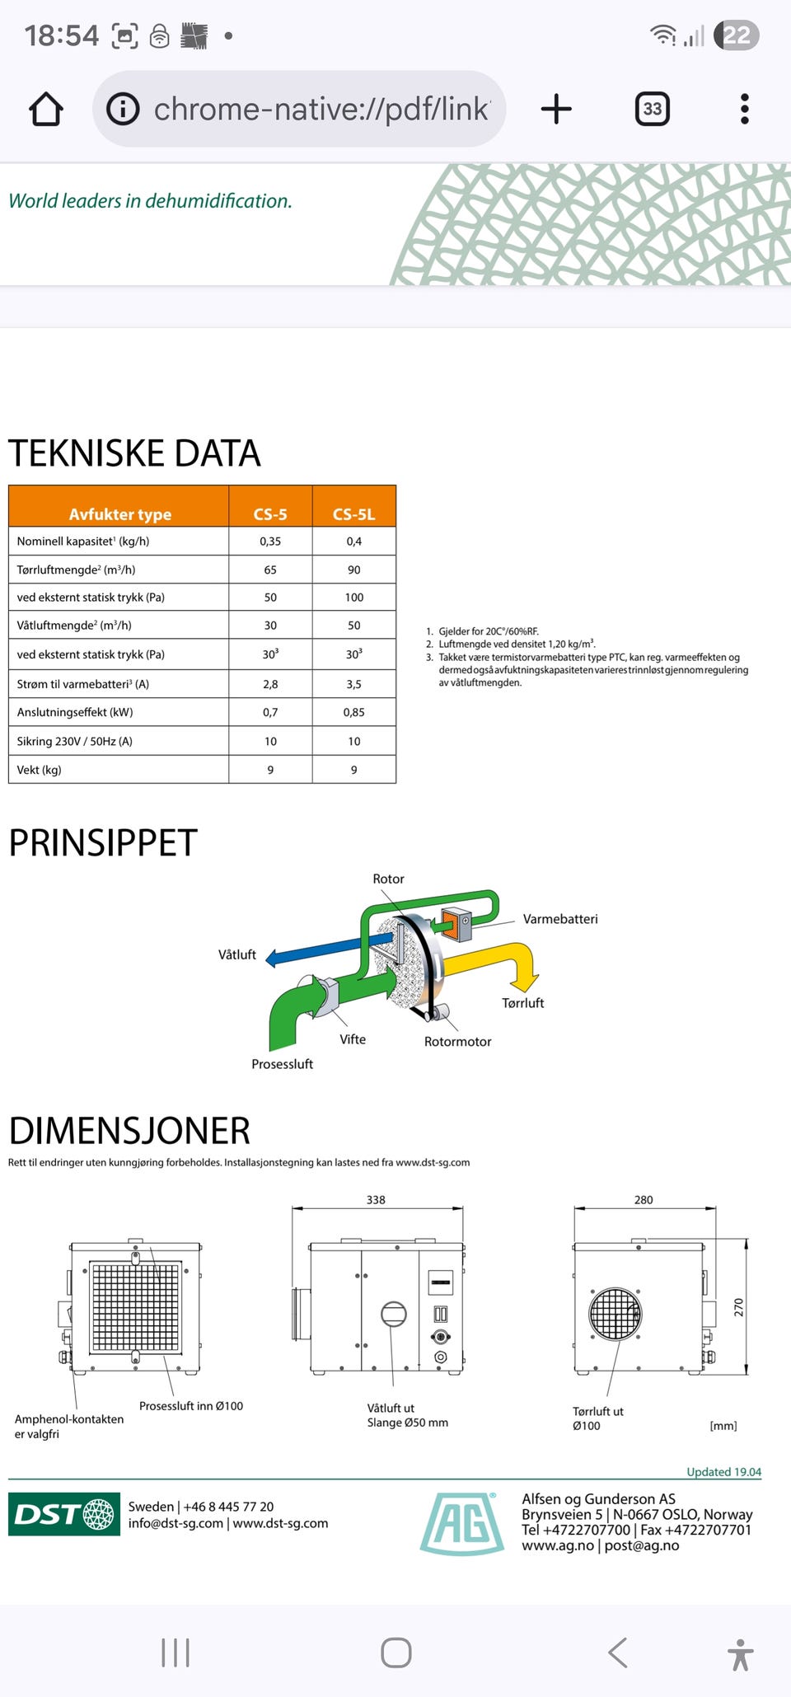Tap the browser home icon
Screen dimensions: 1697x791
click(x=46, y=109)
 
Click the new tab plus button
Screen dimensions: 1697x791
click(x=556, y=109)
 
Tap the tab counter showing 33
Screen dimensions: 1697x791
click(x=652, y=109)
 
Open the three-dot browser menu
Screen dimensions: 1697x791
click(x=744, y=109)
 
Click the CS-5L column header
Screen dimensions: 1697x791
click(x=353, y=514)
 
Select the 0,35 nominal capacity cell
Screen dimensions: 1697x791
click(x=270, y=541)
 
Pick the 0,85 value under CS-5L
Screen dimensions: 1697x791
click(x=353, y=712)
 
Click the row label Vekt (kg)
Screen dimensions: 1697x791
click(x=40, y=770)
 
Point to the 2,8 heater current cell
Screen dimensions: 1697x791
click(x=270, y=684)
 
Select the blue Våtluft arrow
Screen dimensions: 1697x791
click(x=313, y=950)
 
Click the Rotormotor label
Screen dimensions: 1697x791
click(x=457, y=1042)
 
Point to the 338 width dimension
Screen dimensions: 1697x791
click(x=376, y=1200)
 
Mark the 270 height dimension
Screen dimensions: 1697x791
click(x=738, y=1307)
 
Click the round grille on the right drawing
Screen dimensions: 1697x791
click(x=615, y=1314)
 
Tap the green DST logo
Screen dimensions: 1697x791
click(x=64, y=1514)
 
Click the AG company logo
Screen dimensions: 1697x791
click(x=462, y=1523)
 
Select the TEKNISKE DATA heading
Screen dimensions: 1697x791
click(x=134, y=453)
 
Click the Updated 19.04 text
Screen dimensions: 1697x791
click(x=723, y=1472)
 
